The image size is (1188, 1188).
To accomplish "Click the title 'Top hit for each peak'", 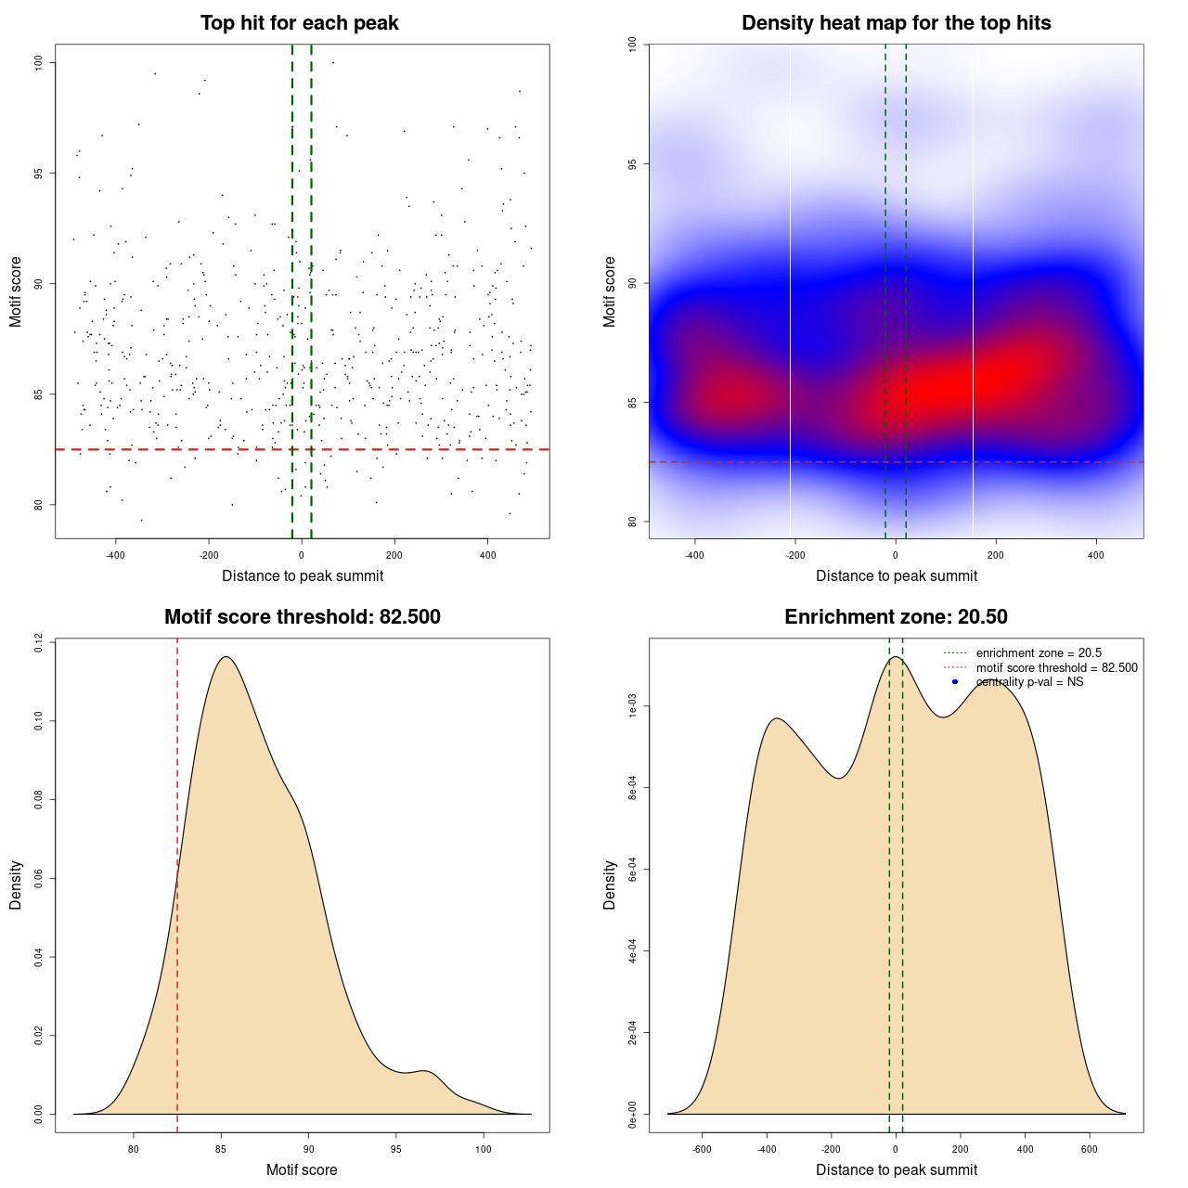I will coord(299,23).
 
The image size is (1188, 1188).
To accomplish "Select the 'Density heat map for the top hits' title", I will coord(896,23).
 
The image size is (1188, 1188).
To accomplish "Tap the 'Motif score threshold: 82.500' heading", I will coord(302,617).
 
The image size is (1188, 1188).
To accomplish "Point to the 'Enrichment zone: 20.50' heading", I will coord(896,617).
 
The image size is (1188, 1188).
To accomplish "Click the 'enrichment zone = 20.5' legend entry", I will coord(1039,653).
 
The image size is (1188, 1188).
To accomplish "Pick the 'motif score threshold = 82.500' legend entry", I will coord(1056,668).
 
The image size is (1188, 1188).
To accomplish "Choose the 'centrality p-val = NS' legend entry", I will coord(1029,682).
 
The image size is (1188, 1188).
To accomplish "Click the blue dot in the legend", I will coord(955,682).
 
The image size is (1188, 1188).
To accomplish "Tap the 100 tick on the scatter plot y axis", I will coord(38,62).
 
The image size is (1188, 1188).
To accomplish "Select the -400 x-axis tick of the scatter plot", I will coord(115,556).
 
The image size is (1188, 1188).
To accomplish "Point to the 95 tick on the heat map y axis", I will coord(632,164).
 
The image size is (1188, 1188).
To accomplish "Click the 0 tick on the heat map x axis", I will coord(896,556).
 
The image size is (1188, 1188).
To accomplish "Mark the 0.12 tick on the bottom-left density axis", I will coord(38,642).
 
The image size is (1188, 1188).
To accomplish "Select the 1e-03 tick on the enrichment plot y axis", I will coord(632,707).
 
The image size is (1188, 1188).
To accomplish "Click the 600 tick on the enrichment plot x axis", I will coord(1090,1150).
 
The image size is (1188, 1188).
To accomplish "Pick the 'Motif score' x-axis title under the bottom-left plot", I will coord(302,1170).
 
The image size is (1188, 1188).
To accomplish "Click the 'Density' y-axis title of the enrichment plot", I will coord(610,885).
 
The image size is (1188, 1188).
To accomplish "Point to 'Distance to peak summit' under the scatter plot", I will coord(303,576).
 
